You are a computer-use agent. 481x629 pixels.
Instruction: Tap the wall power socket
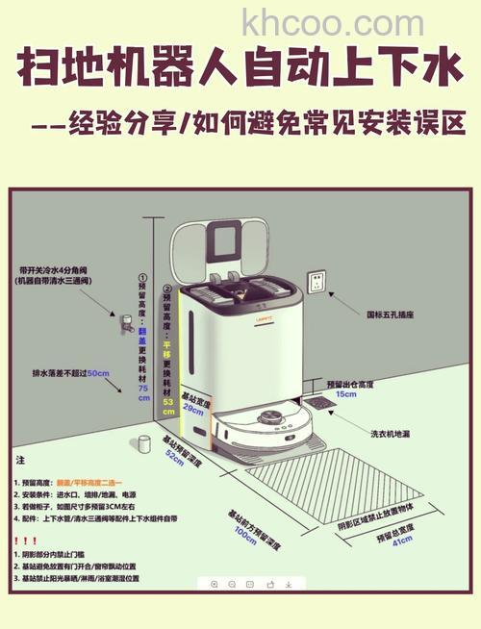tap(316, 283)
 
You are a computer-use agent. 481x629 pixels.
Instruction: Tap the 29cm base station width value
tap(192, 408)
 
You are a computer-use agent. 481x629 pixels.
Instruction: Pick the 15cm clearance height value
tap(345, 393)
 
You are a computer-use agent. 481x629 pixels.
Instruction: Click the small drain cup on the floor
tap(145, 443)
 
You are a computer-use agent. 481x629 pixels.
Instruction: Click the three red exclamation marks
tap(26, 541)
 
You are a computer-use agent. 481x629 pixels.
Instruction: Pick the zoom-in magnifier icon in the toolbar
tap(214, 584)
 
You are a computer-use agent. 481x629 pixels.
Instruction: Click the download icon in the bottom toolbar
tap(286, 584)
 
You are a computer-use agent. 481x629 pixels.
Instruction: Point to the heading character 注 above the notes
tap(21, 461)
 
